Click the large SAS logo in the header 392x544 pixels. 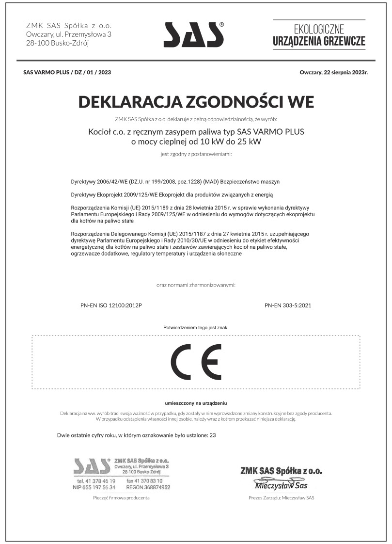194,34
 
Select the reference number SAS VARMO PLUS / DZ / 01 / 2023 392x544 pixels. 67,72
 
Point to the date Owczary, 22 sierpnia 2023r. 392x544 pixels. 334,72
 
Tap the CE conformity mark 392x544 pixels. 196,362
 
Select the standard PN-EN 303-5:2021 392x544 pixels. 288,306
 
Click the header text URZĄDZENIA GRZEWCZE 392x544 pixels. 319,42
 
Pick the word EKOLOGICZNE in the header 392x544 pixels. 319,29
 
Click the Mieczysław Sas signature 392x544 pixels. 281,485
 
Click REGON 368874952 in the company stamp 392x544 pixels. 148,487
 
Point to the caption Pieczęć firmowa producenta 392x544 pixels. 121,498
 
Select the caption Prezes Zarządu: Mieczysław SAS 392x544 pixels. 281,498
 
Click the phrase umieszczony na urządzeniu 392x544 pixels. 196,403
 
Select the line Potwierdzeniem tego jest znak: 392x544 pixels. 196,328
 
